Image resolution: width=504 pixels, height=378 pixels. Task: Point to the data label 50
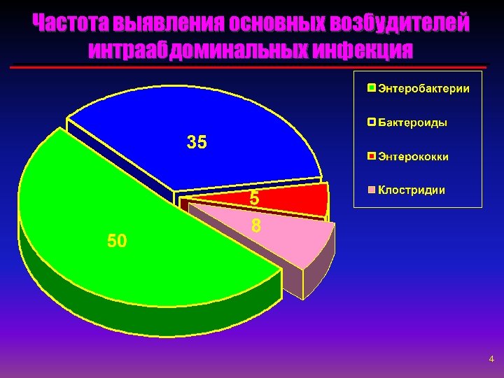pos(117,241)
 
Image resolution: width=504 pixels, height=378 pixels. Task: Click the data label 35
pos(197,143)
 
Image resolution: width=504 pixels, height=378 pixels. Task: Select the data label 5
pos(255,199)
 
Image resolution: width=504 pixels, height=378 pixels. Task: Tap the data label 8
pos(256,226)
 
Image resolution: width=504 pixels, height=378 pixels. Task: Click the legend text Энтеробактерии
pos(423,89)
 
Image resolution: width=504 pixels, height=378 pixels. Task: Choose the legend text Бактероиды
pos(412,122)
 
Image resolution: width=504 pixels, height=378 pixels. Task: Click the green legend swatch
pos(372,89)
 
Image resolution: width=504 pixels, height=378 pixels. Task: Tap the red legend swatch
pos(372,156)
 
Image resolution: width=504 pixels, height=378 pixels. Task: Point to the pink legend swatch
pos(372,190)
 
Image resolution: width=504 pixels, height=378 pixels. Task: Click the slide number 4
pos(491,360)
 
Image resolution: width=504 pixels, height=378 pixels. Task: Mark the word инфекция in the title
pos(364,50)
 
